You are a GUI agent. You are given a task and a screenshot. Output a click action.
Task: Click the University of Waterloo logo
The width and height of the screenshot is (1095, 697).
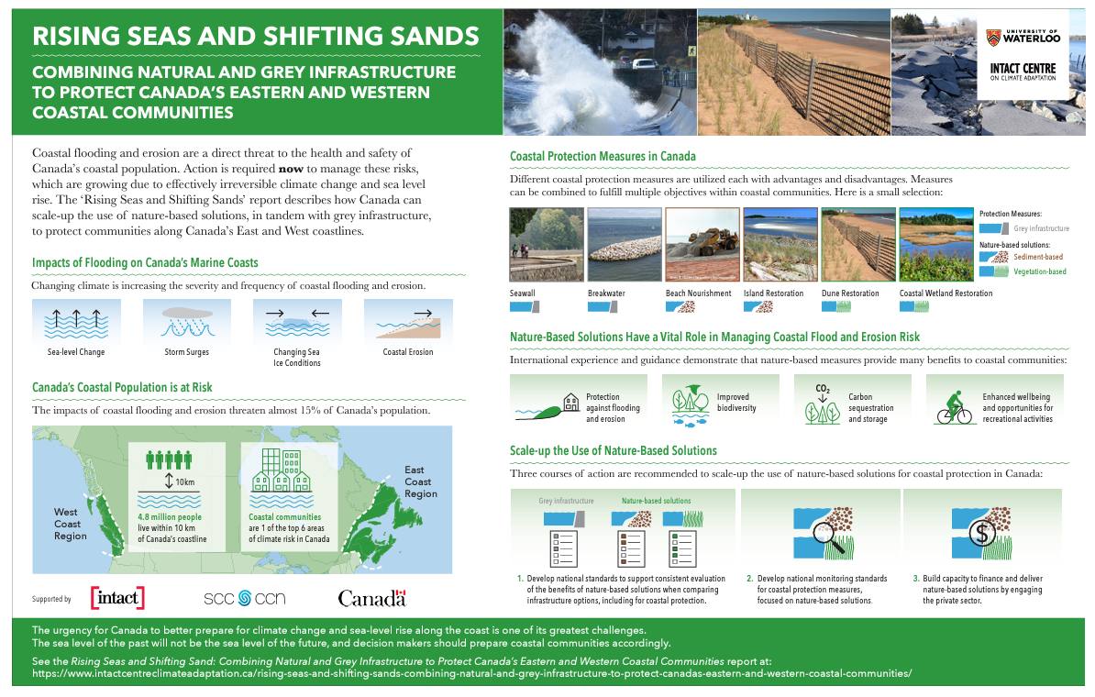coord(1023,37)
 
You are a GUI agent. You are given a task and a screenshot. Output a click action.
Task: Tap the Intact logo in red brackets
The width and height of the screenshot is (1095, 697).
coord(117,598)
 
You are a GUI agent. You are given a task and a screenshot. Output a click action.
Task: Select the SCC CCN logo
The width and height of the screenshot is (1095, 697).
coord(245,599)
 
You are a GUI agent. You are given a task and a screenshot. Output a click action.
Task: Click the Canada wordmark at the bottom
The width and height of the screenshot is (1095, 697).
coord(371,599)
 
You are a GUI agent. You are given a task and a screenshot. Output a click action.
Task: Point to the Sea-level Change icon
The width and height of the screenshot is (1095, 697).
coord(76,322)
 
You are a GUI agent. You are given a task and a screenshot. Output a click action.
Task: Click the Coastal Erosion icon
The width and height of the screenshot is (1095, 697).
coord(408,322)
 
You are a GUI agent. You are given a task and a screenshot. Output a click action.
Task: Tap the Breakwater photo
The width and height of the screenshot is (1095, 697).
coord(625,245)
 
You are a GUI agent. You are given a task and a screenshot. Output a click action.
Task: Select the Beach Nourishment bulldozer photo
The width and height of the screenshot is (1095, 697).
coord(702,245)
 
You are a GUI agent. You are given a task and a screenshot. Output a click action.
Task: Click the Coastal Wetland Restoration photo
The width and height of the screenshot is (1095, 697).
coord(936,245)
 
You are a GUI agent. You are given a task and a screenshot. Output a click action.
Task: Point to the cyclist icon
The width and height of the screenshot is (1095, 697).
coord(954,408)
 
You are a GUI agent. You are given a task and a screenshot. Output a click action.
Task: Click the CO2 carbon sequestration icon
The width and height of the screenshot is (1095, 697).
coord(823,404)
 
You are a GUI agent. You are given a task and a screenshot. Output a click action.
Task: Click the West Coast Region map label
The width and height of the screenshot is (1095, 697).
coord(70,524)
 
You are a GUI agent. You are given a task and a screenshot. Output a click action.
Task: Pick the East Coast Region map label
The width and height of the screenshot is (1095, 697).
coord(420,481)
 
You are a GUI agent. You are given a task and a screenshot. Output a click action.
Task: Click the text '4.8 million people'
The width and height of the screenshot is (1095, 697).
coord(170,517)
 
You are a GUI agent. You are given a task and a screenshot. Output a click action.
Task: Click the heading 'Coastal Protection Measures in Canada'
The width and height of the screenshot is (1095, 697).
coord(603,157)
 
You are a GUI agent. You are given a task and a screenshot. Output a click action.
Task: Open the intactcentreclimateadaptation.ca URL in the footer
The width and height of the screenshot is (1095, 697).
coord(472,674)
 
